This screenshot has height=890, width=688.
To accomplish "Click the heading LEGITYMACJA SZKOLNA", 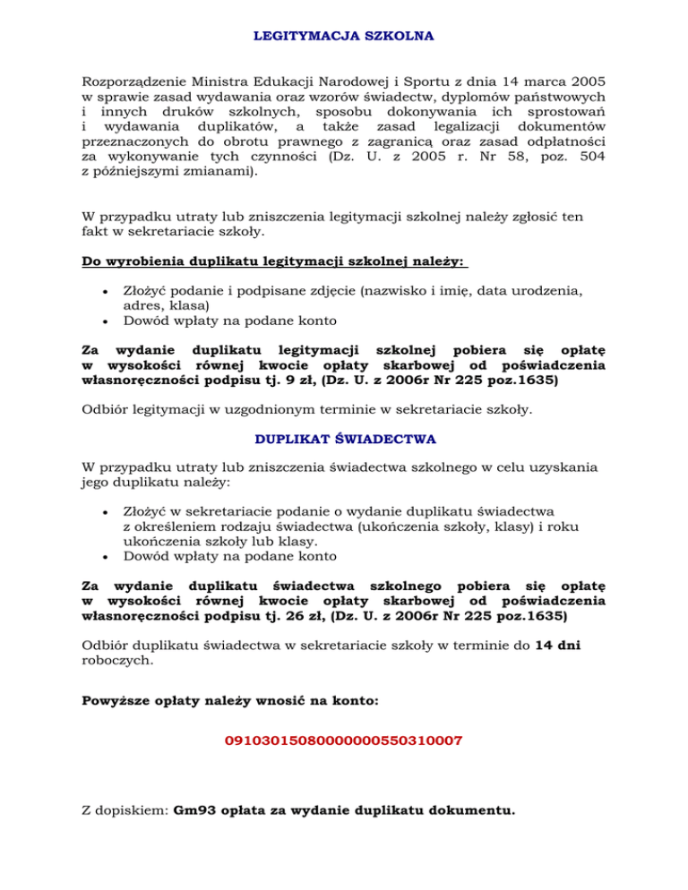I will tap(344, 37).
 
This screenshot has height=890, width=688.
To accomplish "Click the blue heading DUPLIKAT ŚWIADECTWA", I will tap(345, 440).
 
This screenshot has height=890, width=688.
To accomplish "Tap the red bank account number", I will tap(344, 742).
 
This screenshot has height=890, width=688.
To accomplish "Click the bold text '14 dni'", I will tap(558, 647).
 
